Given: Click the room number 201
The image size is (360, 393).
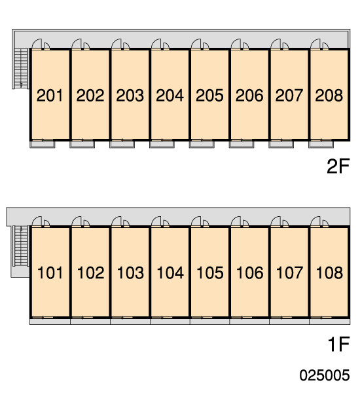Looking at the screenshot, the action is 50,96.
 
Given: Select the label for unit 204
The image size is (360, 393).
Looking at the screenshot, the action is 170,96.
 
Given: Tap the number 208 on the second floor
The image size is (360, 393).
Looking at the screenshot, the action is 329,96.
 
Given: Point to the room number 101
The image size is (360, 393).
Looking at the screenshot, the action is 50,272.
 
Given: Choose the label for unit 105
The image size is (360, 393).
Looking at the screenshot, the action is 209,272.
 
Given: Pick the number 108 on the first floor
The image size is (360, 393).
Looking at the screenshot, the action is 329,272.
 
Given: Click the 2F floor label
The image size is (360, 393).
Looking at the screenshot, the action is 338,166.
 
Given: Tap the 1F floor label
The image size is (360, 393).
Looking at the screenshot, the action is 338,345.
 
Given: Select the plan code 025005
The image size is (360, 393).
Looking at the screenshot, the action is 325,375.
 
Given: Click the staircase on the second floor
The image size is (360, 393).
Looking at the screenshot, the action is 21,68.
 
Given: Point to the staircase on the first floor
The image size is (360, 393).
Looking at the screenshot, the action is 21,246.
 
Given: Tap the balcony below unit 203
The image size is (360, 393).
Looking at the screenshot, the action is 122,144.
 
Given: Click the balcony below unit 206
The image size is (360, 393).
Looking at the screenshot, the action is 242,144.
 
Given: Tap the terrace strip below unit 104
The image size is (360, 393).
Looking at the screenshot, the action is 170,322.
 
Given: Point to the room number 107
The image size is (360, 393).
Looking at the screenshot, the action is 289,272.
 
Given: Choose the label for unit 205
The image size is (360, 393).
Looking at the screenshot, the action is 209,96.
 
